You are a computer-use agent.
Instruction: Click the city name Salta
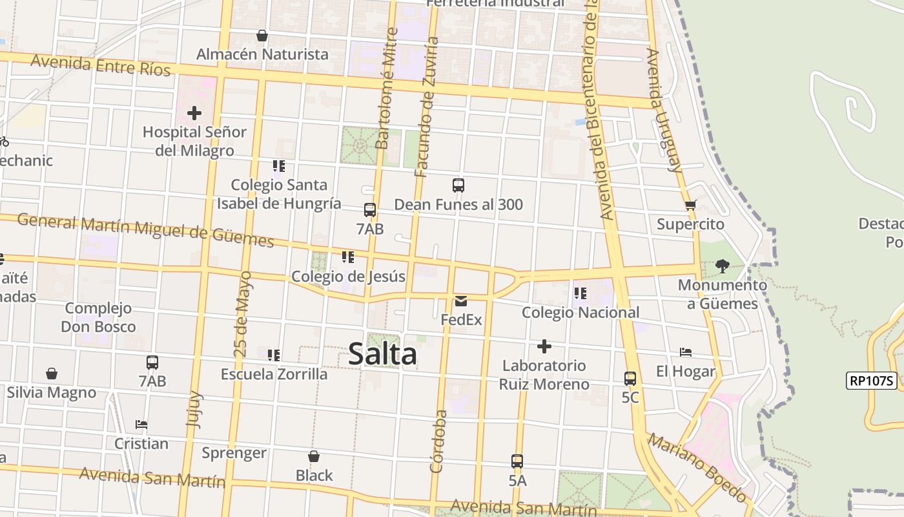[382, 353]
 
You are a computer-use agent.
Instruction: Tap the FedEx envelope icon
[461, 301]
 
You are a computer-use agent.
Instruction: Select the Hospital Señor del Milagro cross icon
[194, 114]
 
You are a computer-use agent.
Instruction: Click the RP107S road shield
[872, 381]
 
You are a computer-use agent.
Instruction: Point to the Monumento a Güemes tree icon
[723, 266]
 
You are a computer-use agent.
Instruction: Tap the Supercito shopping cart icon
[690, 206]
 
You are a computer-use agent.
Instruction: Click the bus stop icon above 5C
[630, 379]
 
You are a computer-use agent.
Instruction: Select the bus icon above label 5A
[517, 461]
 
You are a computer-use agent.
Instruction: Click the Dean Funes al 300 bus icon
[458, 185]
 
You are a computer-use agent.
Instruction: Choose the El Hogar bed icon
[686, 352]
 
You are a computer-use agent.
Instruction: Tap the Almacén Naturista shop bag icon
[262, 36]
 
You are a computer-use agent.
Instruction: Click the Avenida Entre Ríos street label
[100, 65]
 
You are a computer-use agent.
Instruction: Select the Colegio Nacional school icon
[580, 293]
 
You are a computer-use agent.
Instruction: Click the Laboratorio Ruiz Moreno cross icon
[544, 346]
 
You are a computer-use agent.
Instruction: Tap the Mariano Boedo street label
[697, 468]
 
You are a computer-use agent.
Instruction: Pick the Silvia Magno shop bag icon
[52, 374]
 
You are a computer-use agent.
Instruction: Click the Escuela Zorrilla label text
[274, 374]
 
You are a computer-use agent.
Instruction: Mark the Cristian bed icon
[141, 425]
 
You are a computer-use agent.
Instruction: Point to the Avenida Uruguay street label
[665, 110]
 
